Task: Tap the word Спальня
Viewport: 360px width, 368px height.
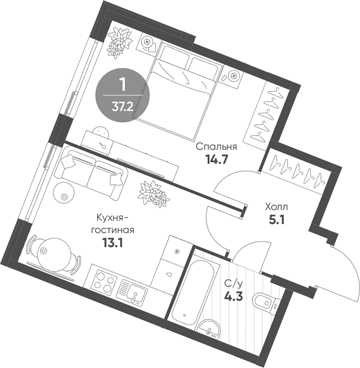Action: [x=216, y=147]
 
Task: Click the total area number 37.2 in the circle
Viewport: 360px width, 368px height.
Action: [x=122, y=106]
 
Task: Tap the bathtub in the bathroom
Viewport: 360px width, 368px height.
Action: [x=190, y=290]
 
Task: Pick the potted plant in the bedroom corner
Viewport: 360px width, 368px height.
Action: [x=120, y=41]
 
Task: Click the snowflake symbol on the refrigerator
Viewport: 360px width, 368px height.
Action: [x=178, y=251]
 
